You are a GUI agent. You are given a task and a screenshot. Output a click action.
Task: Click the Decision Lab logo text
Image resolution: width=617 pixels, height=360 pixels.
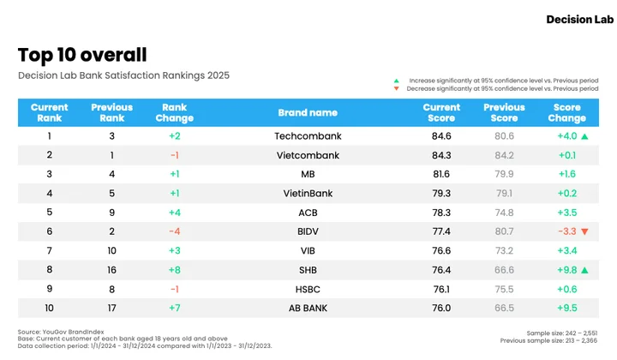(x=579, y=19)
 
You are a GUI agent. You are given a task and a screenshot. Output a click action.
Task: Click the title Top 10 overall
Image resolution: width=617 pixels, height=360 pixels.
(x=82, y=55)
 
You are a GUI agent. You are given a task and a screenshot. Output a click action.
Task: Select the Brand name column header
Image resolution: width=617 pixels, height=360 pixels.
(x=308, y=112)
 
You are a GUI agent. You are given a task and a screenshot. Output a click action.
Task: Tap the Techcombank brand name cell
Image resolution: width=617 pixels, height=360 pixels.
(x=308, y=136)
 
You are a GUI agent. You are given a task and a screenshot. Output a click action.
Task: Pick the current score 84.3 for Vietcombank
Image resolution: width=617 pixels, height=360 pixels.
(x=441, y=155)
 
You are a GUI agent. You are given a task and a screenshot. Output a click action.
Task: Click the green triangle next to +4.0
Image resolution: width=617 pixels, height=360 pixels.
(x=584, y=136)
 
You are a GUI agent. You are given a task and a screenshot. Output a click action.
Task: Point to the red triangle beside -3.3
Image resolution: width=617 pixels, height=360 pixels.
(x=584, y=231)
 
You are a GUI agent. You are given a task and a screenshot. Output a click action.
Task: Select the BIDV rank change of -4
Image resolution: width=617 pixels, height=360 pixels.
(x=175, y=231)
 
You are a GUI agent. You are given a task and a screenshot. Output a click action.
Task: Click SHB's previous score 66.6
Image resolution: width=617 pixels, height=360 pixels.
(x=504, y=270)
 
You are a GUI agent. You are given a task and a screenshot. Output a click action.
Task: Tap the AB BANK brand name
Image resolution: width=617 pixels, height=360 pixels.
(x=308, y=308)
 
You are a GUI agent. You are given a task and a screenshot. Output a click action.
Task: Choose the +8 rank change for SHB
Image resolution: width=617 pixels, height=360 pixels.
(x=175, y=270)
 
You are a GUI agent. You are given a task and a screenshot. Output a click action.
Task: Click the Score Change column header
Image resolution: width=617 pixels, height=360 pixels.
(x=567, y=112)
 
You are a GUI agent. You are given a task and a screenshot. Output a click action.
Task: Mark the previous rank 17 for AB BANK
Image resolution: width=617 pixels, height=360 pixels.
(x=111, y=308)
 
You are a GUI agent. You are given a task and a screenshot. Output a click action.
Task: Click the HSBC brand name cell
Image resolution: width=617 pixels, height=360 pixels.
(x=308, y=289)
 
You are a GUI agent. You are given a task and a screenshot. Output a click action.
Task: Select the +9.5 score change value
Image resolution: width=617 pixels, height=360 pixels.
(x=567, y=308)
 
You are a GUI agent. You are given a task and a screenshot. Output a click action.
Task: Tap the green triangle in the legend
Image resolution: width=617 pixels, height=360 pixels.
(x=396, y=81)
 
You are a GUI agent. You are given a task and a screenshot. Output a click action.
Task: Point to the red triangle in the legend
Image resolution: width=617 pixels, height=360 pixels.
(x=396, y=88)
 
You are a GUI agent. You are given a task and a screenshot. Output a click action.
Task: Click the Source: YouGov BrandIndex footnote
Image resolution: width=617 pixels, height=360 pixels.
(x=61, y=332)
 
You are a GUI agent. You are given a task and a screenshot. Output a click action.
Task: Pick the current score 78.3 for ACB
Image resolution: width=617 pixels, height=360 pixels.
(x=441, y=213)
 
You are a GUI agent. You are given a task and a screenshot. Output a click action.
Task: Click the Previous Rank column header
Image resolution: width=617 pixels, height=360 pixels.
(x=111, y=112)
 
